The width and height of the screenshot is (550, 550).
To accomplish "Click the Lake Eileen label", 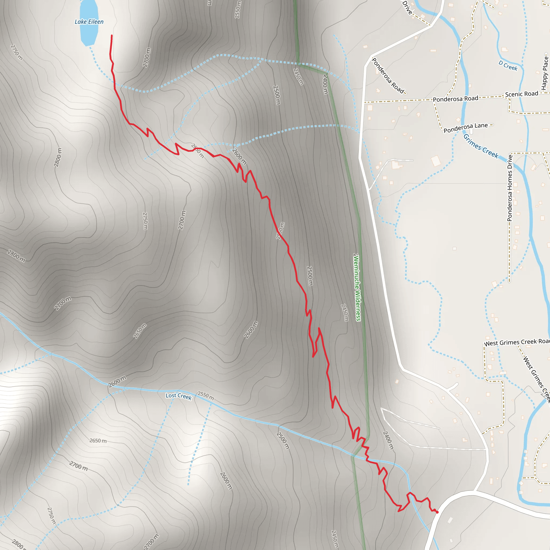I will pyautogui.click(x=89, y=22).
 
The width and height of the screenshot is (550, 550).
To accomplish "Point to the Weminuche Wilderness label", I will pyautogui.click(x=357, y=287).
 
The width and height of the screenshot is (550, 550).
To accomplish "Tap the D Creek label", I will pyautogui.click(x=508, y=66).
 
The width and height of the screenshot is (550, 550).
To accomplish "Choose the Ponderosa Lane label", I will pyautogui.click(x=465, y=128).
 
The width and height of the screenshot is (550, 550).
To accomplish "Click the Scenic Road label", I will pyautogui.click(x=522, y=94).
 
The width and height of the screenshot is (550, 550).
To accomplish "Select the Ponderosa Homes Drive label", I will pyautogui.click(x=510, y=188).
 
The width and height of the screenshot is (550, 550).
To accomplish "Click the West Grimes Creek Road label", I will pyautogui.click(x=517, y=342).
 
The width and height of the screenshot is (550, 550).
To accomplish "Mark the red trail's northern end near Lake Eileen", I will pyautogui.click(x=112, y=36).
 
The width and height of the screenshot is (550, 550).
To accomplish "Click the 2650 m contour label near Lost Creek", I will pyautogui.click(x=98, y=441).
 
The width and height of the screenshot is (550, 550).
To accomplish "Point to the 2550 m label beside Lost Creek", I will pyautogui.click(x=205, y=396).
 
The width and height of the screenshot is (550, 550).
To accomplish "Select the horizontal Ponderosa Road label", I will pyautogui.click(x=455, y=99).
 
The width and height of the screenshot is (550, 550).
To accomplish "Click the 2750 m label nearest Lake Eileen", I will pyautogui.click(x=16, y=52).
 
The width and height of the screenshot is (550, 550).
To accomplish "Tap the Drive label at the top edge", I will pyautogui.click(x=407, y=8).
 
